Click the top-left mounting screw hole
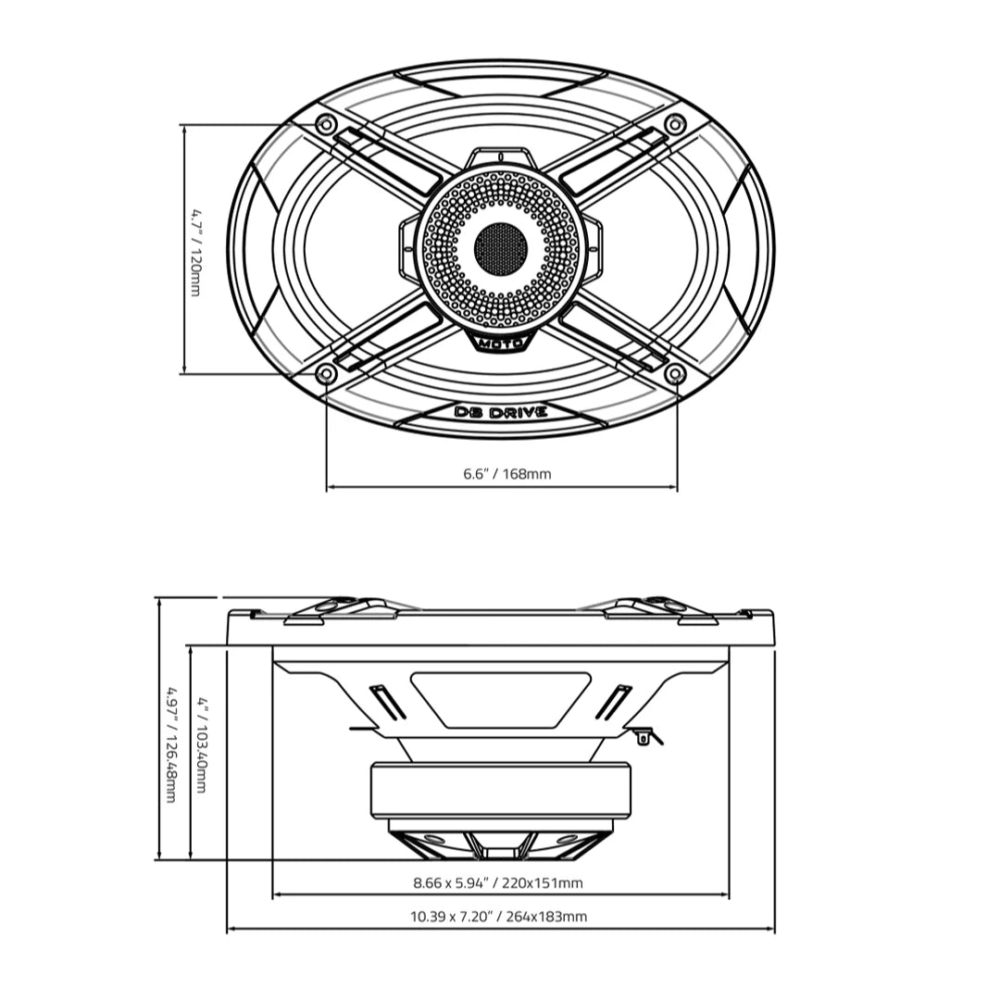[325, 124]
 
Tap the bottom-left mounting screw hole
[325, 374]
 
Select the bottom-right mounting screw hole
[676, 374]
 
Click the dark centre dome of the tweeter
[501, 247]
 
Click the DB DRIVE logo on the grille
[501, 412]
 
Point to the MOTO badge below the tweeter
[501, 344]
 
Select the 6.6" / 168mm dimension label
[507, 474]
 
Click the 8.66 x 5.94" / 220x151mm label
[498, 882]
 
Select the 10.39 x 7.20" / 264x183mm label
[498, 917]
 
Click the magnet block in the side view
[501, 790]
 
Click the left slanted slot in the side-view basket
[389, 702]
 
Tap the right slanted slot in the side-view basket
[613, 702]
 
